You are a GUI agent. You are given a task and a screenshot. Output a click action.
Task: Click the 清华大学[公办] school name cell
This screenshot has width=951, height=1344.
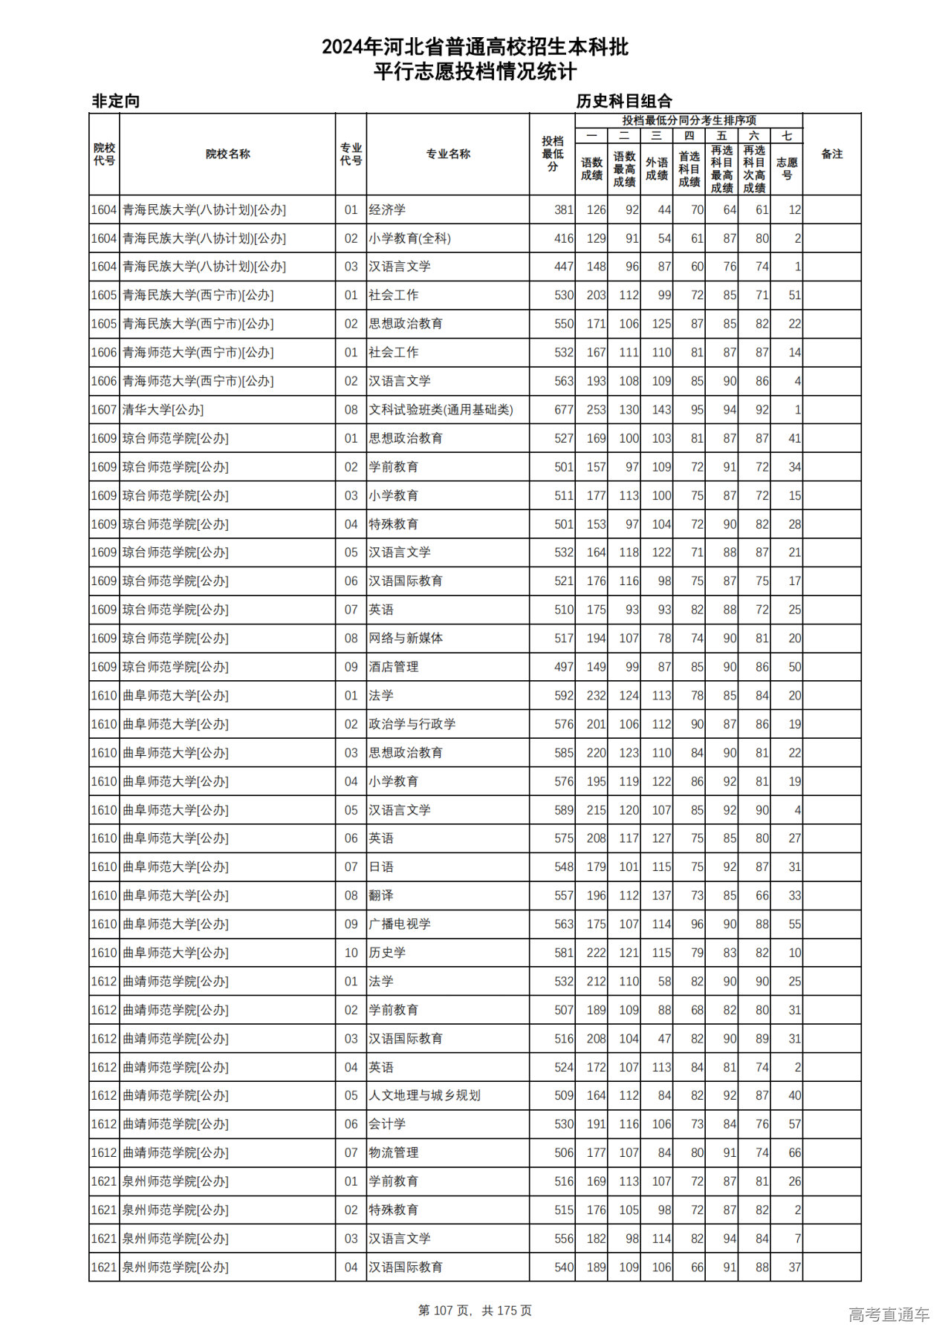tap(163, 410)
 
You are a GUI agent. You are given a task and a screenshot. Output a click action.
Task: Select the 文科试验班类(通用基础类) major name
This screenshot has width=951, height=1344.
tap(441, 410)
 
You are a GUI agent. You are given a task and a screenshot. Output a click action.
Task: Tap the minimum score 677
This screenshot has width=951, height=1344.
tap(563, 410)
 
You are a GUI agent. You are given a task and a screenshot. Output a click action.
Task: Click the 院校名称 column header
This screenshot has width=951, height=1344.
tap(227, 154)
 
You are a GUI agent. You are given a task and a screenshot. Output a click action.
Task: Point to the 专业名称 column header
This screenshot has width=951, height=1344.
tap(447, 154)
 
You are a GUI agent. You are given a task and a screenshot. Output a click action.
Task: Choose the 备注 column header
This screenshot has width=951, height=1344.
tap(831, 154)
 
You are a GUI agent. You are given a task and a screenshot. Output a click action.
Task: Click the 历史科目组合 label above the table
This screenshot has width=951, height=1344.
tap(624, 101)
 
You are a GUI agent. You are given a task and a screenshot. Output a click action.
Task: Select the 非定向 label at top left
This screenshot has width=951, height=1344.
tap(116, 101)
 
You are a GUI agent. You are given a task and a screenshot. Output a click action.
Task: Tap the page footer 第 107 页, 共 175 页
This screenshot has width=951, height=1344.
tap(475, 1311)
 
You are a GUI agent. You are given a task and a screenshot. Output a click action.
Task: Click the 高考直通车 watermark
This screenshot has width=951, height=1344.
tap(889, 1314)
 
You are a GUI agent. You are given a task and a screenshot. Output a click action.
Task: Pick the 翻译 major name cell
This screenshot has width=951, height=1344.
tap(381, 896)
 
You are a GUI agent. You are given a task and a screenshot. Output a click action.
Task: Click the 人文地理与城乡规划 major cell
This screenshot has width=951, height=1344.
tap(424, 1095)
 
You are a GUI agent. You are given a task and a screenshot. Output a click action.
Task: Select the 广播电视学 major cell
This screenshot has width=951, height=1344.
tap(400, 924)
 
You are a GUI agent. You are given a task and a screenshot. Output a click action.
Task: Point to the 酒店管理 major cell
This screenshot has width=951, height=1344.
tap(394, 667)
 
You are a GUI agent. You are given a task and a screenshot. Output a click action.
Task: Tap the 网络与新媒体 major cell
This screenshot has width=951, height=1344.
tap(406, 639)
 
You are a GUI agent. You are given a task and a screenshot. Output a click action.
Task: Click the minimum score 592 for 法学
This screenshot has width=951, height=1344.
tap(563, 696)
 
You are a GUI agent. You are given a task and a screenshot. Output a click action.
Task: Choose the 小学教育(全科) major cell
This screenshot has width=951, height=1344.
tap(409, 238)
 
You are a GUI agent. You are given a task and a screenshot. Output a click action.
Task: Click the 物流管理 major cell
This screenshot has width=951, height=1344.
tap(394, 1152)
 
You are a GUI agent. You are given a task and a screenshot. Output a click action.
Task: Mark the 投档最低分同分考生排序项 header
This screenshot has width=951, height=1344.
tap(689, 120)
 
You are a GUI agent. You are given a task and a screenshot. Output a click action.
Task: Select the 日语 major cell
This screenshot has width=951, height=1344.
tap(381, 867)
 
